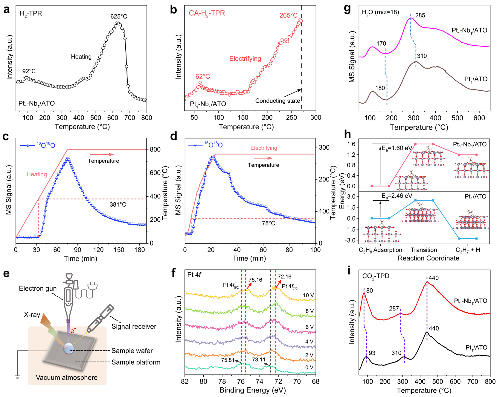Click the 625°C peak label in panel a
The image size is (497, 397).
click(x=119, y=16)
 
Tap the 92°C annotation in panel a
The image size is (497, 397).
click(x=29, y=71)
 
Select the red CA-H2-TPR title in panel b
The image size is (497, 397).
click(x=207, y=13)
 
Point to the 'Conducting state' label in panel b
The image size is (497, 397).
click(x=278, y=101)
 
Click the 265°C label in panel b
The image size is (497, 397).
click(x=288, y=16)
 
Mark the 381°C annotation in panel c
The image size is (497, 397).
click(x=118, y=205)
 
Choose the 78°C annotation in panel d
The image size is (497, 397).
click(x=268, y=223)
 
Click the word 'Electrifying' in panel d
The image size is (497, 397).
click(x=264, y=148)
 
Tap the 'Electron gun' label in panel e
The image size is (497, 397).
click(x=38, y=289)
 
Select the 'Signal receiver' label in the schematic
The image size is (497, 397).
click(x=134, y=326)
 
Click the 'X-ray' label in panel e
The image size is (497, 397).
click(x=32, y=315)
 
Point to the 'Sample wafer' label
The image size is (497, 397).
click(x=132, y=351)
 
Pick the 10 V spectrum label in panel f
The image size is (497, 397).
click(x=308, y=296)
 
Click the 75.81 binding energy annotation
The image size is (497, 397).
click(x=228, y=360)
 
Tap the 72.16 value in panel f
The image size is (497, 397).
click(x=284, y=277)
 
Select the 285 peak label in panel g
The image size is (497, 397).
click(x=420, y=16)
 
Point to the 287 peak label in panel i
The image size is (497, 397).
click(x=394, y=309)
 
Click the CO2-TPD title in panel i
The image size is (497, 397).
click(x=376, y=276)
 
